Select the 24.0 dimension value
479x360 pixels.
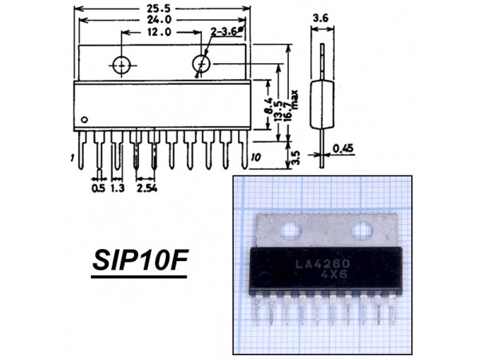pyautogui.click(x=160, y=20)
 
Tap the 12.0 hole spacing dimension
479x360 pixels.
pyautogui.click(x=160, y=32)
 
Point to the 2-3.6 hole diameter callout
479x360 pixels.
pyautogui.click(x=224, y=32)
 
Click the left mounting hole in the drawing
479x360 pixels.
pyautogui.click(x=121, y=65)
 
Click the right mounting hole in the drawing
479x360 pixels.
pyautogui.click(x=201, y=64)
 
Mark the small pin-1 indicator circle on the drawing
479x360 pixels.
pyautogui.click(x=85, y=120)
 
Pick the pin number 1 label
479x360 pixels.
pyautogui.click(x=72, y=157)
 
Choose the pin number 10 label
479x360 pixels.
pyautogui.click(x=255, y=157)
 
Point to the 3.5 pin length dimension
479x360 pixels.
pyautogui.click(x=295, y=157)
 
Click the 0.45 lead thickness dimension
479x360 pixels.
pyautogui.click(x=342, y=148)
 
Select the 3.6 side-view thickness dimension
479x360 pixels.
pyautogui.click(x=321, y=18)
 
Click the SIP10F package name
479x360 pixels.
pyautogui.click(x=140, y=260)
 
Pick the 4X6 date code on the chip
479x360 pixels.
pyautogui.click(x=334, y=275)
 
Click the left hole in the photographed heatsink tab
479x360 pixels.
pyautogui.click(x=291, y=229)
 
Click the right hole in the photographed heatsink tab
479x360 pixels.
pyautogui.click(x=362, y=230)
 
